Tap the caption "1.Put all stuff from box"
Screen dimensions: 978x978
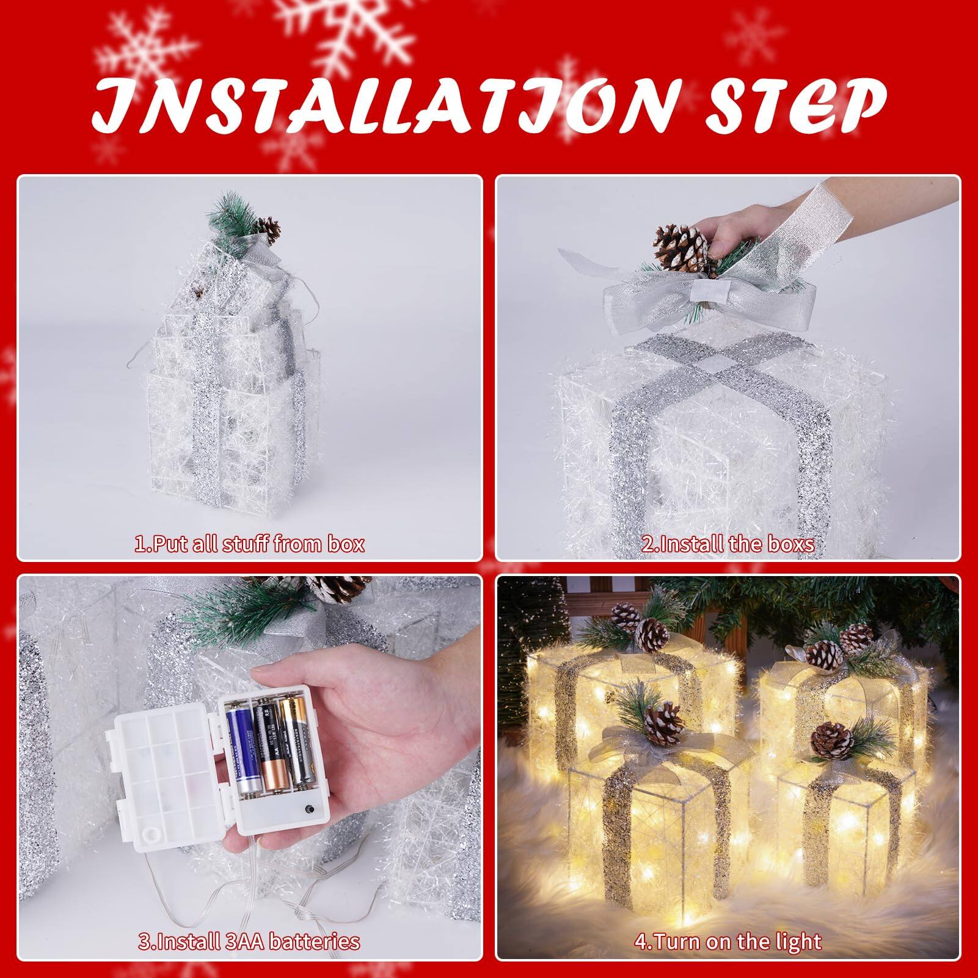(249, 543)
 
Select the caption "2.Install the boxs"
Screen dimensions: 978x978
(728, 543)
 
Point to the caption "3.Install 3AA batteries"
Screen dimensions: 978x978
(249, 941)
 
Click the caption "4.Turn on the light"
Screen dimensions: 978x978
(728, 941)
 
